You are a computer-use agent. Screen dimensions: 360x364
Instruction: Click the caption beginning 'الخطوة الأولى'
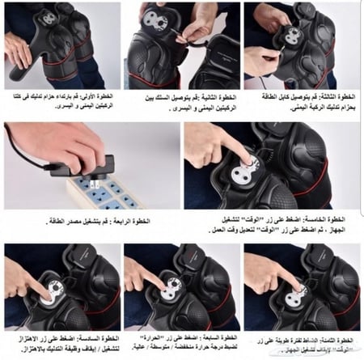(x=61, y=100)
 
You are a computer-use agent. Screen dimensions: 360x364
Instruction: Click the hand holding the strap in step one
(x=18, y=49)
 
